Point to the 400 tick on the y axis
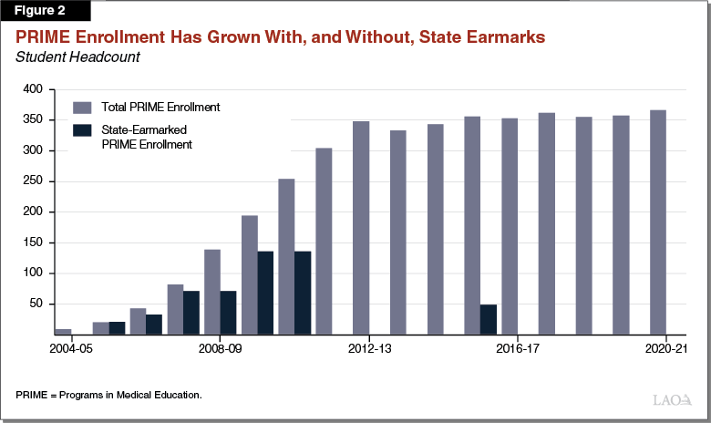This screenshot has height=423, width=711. pos(33,89)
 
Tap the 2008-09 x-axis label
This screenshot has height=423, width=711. pos(220,348)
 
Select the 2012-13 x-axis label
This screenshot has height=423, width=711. pos(369,348)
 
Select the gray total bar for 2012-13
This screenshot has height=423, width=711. pos(361,228)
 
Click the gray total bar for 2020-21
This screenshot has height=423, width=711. pos(657,222)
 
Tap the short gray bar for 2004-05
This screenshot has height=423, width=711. pos(63,332)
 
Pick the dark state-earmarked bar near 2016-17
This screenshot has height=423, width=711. pos(489,319)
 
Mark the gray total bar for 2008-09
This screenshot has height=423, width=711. pos(212,292)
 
